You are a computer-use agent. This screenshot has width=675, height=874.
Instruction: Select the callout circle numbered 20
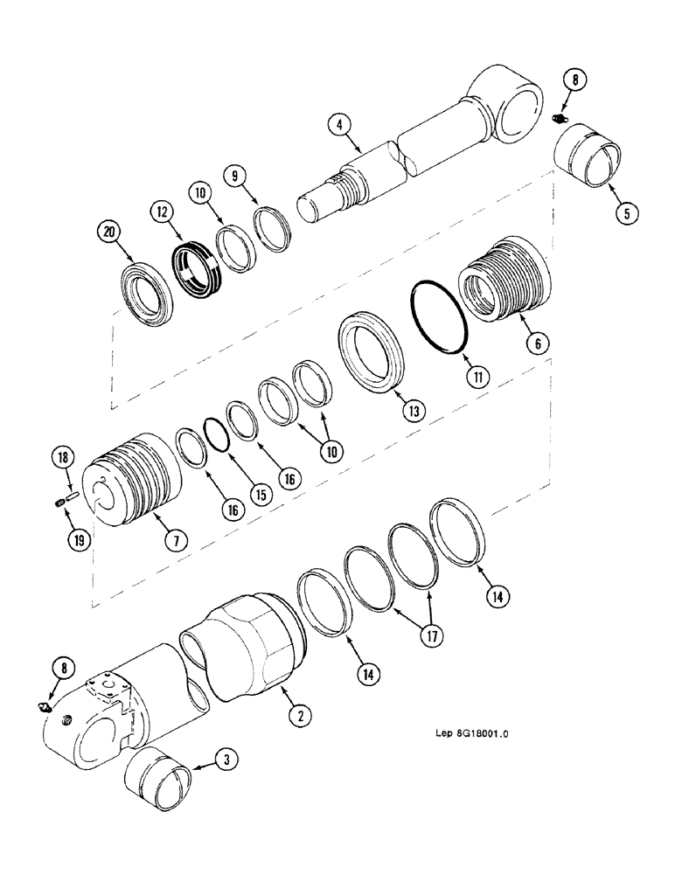(108, 232)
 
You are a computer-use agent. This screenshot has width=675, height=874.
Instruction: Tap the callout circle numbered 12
(162, 211)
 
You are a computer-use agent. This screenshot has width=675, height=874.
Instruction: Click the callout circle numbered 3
(226, 762)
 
